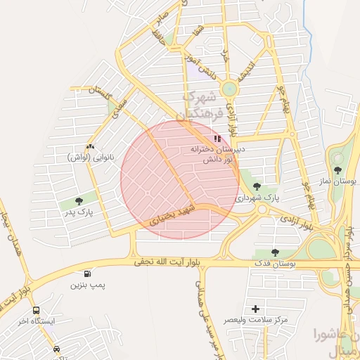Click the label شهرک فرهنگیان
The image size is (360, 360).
pos(206,105)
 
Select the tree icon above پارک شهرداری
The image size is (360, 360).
pos(255,186)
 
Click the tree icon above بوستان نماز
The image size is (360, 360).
pos(338,169)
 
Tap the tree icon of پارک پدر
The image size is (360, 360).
pos(79,200)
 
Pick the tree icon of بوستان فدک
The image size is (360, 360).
pos(275,253)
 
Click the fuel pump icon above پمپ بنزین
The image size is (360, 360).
pos(86,275)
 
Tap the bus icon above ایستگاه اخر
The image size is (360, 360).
pos(36,310)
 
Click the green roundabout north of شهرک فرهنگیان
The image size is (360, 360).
pos(229,89)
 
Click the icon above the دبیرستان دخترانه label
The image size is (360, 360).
pos(217,139)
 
